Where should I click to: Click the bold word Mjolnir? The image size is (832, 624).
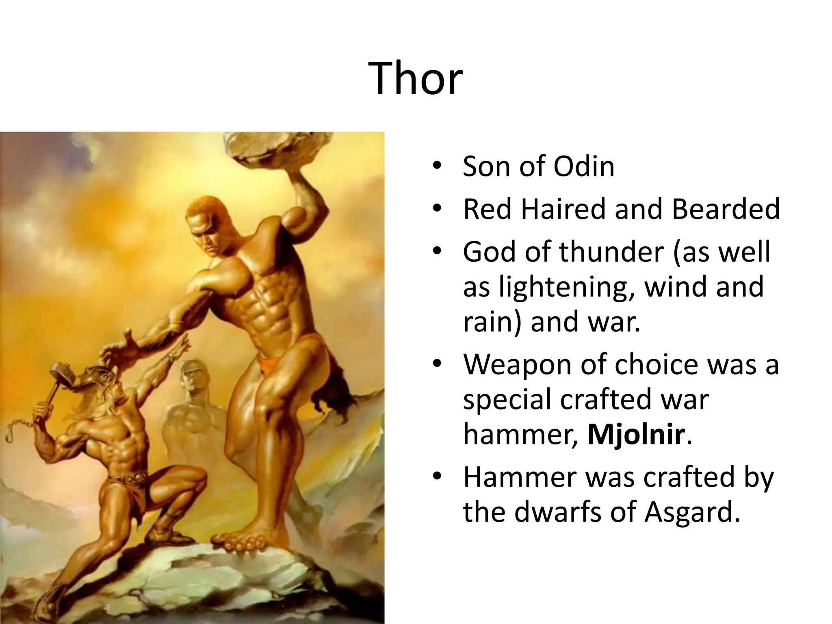tap(636, 434)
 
